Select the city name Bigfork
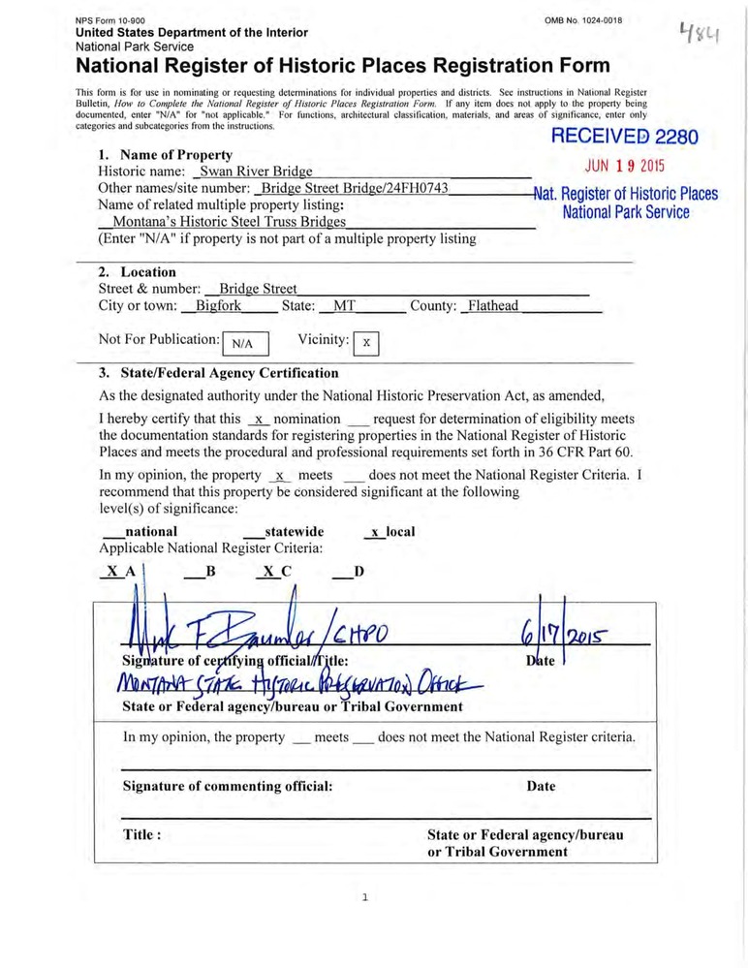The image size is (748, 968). tap(218, 306)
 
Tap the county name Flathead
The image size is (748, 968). tap(492, 306)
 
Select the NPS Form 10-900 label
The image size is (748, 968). tap(110, 20)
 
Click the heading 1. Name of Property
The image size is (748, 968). tap(165, 154)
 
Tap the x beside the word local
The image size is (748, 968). tap(375, 532)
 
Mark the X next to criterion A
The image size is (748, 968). tap(113, 571)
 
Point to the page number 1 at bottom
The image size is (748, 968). tap(364, 897)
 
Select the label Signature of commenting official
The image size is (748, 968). tap(228, 786)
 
